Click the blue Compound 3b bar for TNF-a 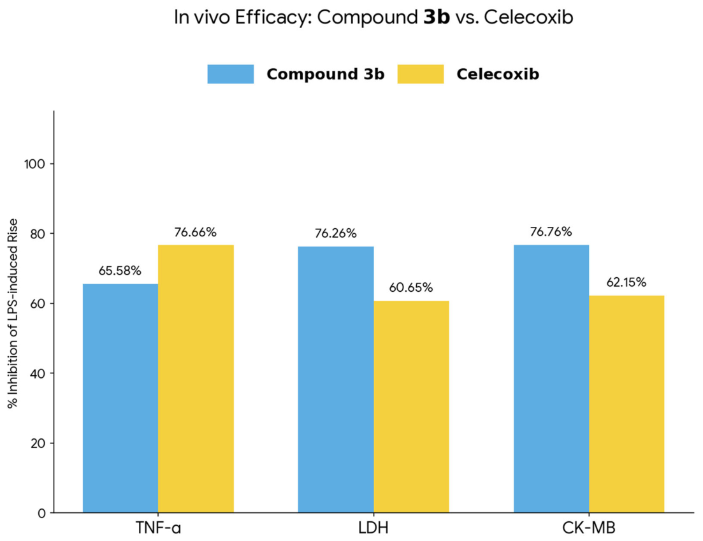tap(120, 398)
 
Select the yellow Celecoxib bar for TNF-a tap(196, 379)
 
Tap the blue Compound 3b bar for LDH tap(336, 379)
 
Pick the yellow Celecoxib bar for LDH tap(411, 407)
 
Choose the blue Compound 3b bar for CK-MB tap(551, 379)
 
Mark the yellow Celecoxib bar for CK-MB tap(627, 404)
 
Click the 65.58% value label tap(120, 271)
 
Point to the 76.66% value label tap(196, 232)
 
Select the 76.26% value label tap(335, 233)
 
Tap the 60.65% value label tap(410, 287)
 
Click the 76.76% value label tap(551, 232)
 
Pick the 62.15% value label tap(627, 282)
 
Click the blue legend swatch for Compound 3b tap(231, 74)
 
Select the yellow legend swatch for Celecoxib tap(421, 74)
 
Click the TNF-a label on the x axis tap(158, 528)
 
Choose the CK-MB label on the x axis tap(589, 528)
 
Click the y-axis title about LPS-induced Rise tap(13, 314)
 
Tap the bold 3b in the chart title tap(436, 17)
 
